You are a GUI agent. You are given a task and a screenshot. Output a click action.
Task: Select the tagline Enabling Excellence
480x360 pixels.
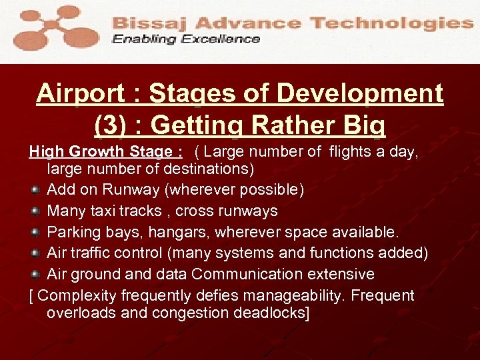[x=186, y=39]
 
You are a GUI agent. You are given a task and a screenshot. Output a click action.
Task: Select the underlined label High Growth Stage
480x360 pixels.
[x=106, y=152]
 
